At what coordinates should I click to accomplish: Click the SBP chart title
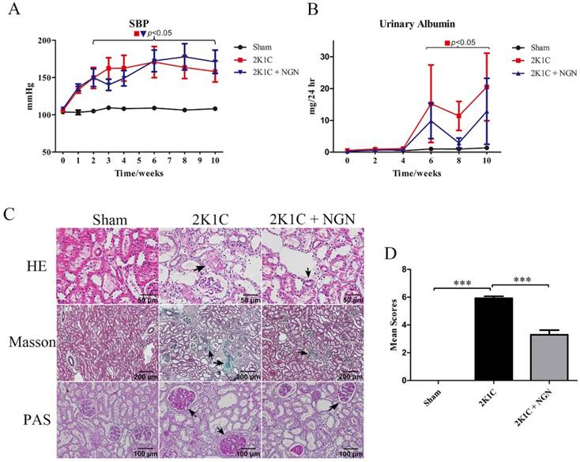point(143,23)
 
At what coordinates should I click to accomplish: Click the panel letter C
point(8,215)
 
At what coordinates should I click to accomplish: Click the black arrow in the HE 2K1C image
point(204,269)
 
